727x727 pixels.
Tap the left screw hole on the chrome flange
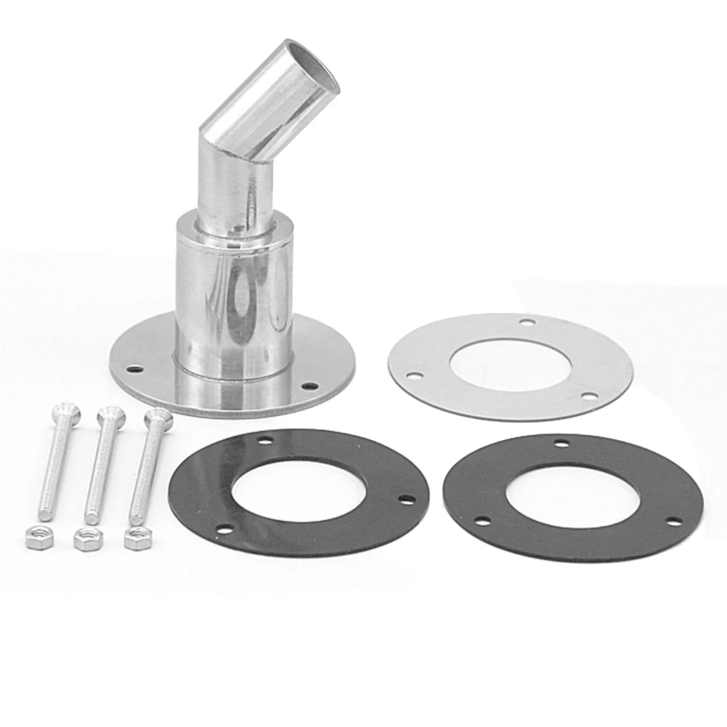coord(133,369)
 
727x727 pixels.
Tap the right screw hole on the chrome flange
coord(309,386)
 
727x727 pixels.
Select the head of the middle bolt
coord(110,415)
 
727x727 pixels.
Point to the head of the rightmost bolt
coord(158,417)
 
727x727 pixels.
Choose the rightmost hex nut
coord(136,539)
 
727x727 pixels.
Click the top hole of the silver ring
coord(528,322)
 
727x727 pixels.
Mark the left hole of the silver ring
coord(415,376)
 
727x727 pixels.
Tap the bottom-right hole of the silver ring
coord(589,396)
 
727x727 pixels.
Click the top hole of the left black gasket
coord(267,441)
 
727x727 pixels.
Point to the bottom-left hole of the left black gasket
coord(225,530)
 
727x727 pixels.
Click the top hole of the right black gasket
coord(561,443)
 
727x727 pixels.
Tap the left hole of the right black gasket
coord(479,520)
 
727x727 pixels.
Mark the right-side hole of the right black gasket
coord(673,521)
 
